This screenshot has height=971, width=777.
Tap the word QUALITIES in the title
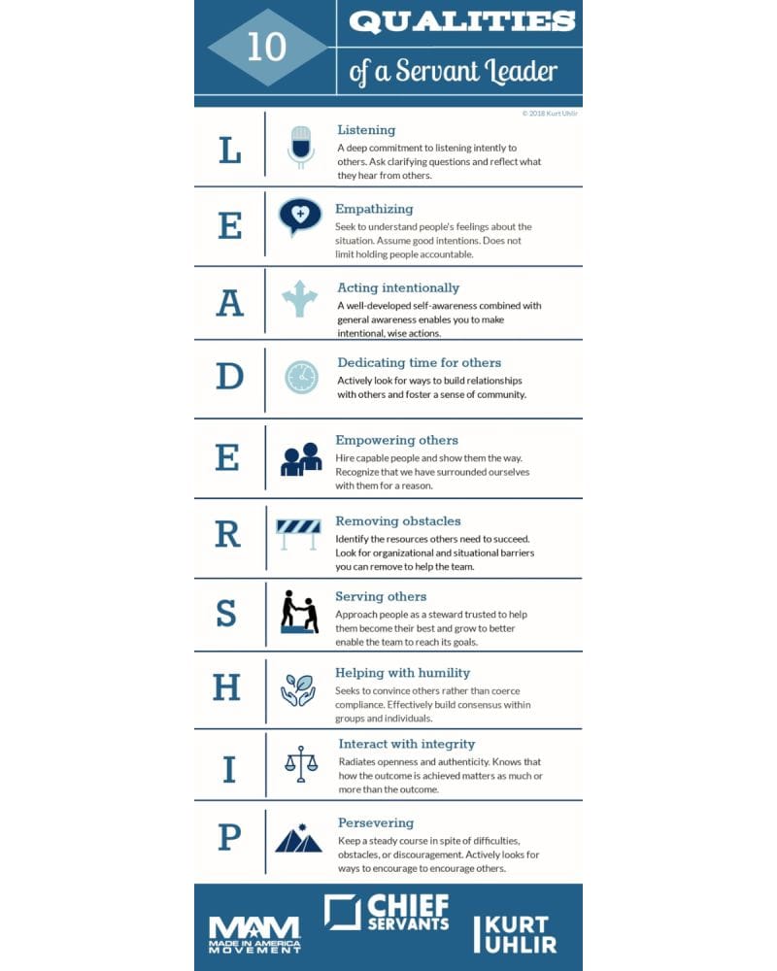pos(461,22)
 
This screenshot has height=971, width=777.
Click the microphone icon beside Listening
pos(300,147)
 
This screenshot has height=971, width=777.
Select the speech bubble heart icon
pos(300,216)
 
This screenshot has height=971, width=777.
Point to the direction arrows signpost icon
pos(300,298)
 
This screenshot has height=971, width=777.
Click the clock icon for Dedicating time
pos(301,377)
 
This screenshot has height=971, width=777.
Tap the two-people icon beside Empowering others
pos(301,458)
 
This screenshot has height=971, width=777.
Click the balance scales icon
pos(301,764)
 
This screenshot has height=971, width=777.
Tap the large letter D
pos(229,377)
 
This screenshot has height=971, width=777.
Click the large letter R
pos(227,535)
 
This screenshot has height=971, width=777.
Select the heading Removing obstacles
pos(398,521)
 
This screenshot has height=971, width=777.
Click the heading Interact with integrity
pos(407,744)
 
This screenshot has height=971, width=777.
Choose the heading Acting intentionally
pos(398,287)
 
